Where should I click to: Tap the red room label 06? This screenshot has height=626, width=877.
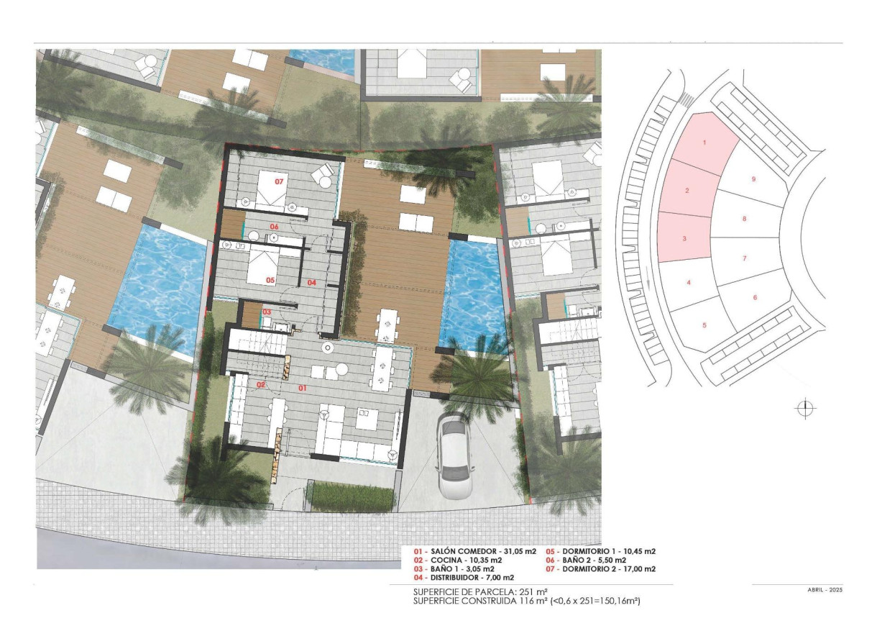(x=274, y=227)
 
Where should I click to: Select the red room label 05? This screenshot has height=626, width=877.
(x=270, y=281)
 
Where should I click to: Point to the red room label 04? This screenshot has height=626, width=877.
(x=312, y=283)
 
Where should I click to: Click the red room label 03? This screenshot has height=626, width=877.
(x=267, y=312)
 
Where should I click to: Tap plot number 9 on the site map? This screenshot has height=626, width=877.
(x=753, y=179)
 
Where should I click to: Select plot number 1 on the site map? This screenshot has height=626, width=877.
(x=704, y=142)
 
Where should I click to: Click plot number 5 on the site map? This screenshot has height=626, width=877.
(x=704, y=325)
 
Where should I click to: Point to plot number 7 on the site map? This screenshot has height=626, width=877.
(x=745, y=258)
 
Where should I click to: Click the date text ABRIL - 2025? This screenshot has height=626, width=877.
(x=825, y=590)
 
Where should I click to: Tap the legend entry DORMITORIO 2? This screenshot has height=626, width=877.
(x=601, y=569)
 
